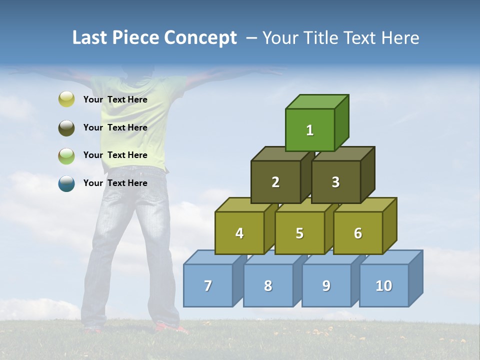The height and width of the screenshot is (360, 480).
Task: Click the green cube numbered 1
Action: [310, 130]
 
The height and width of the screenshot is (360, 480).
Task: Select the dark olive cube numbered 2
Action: [275, 182]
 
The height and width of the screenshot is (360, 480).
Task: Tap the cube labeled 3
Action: [335, 182]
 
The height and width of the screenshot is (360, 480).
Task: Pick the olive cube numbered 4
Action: [239, 233]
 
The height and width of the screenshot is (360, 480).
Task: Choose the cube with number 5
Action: [299, 233]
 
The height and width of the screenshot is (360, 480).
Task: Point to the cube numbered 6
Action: [358, 233]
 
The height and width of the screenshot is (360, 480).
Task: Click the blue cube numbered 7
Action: [208, 285]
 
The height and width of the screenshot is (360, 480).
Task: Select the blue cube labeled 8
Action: [268, 285]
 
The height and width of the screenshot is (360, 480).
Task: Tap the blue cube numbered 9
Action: [326, 285]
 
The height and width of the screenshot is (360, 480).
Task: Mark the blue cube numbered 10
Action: [383, 285]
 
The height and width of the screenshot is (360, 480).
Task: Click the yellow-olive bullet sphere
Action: [66, 99]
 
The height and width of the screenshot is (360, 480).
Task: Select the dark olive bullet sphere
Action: [66, 128]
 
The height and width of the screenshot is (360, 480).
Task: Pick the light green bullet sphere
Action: [66, 156]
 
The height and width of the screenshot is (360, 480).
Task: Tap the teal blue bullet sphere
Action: [66, 183]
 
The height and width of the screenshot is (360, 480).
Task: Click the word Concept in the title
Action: [200, 38]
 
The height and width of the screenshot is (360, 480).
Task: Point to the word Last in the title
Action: [90, 38]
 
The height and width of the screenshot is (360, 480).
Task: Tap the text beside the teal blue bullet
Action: [115, 183]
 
